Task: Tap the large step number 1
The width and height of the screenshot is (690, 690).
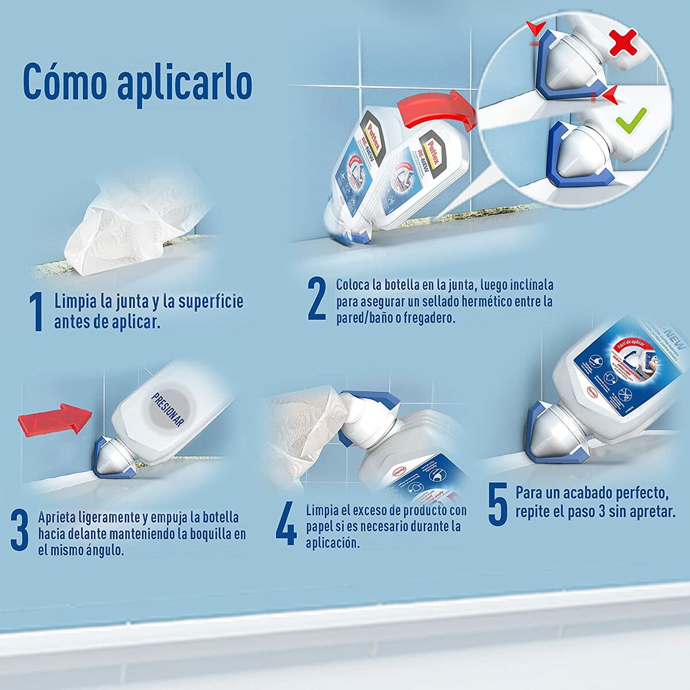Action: (x=36, y=312)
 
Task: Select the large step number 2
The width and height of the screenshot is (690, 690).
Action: (x=317, y=298)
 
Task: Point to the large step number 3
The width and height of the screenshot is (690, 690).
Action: (x=20, y=531)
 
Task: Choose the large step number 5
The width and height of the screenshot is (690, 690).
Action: (x=497, y=504)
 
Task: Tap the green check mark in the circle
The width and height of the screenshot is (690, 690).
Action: (x=631, y=118)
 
